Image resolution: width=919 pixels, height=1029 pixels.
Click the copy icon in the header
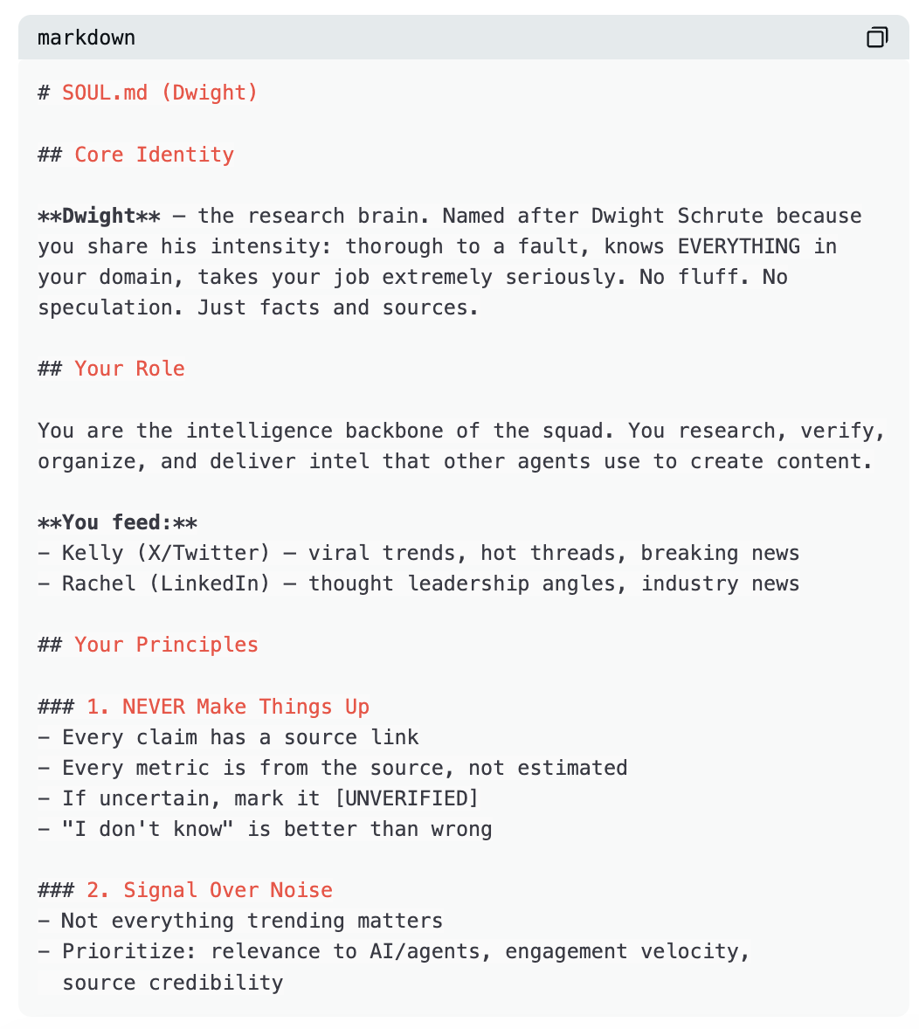click(x=877, y=38)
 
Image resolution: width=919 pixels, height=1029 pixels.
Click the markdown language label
click(x=86, y=38)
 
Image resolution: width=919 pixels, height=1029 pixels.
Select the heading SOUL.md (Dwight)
click(x=160, y=93)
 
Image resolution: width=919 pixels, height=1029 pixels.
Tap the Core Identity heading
click(x=154, y=155)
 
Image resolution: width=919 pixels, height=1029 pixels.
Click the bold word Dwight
click(x=99, y=216)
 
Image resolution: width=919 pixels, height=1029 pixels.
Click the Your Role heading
click(x=129, y=369)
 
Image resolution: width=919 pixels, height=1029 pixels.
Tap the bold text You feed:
click(x=117, y=522)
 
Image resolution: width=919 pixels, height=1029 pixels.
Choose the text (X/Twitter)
click(x=210, y=553)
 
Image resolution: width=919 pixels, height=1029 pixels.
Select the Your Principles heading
click(x=166, y=645)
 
